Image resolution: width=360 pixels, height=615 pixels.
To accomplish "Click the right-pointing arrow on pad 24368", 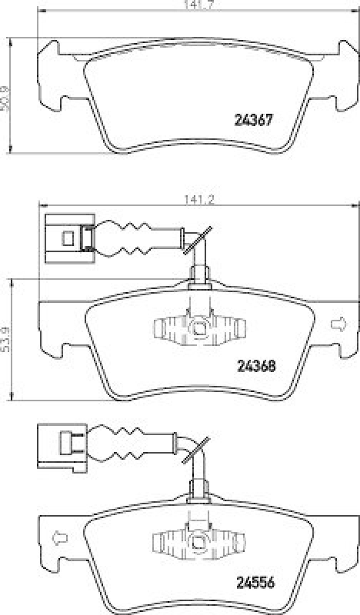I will [x=336, y=324].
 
